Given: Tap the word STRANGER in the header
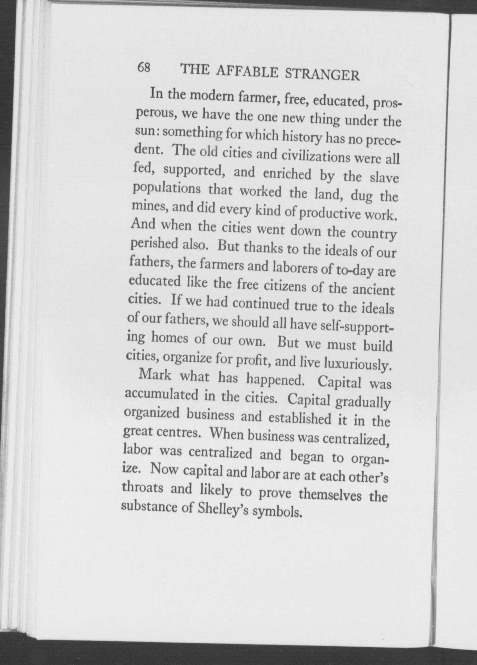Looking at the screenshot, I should click(322, 75).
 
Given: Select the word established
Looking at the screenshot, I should click(299, 418).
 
